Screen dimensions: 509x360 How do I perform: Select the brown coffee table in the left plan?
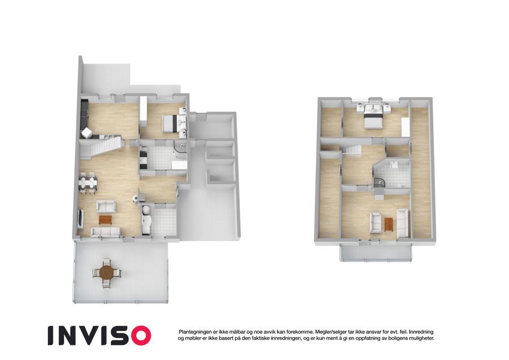(x=105, y=220)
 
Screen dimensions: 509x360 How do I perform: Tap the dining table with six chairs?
(x=88, y=184)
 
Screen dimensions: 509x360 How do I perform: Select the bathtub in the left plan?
(x=146, y=220)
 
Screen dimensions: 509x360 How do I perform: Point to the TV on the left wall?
(x=80, y=218)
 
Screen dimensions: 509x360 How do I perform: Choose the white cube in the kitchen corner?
(x=87, y=133)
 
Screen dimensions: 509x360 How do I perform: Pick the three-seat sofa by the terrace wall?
(x=106, y=232)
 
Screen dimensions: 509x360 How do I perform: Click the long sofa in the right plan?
(x=402, y=223)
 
